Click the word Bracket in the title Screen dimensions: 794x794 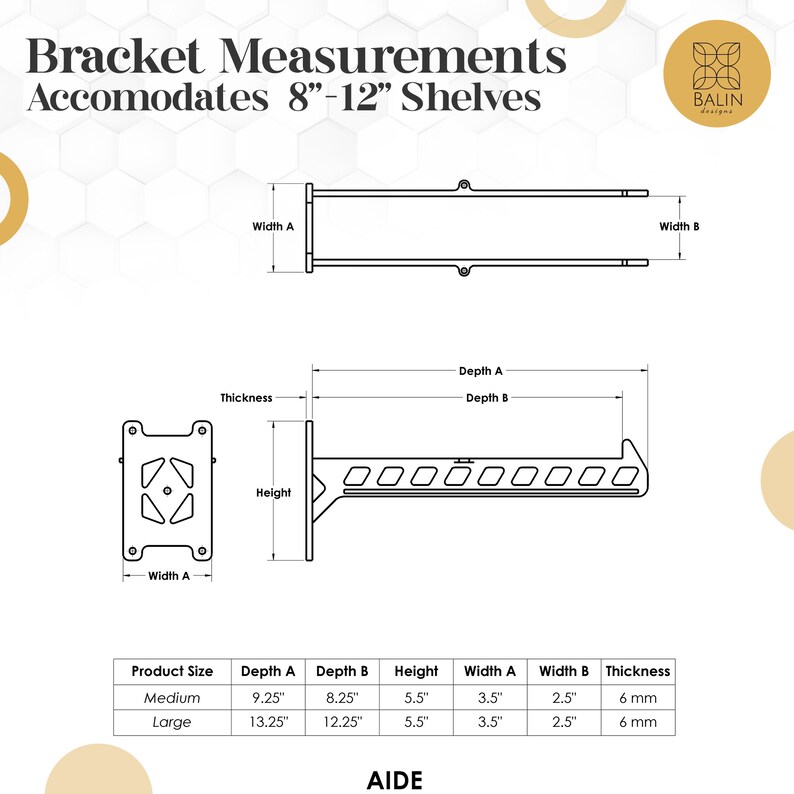(118, 57)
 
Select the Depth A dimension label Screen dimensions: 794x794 (480, 370)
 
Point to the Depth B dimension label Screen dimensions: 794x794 (487, 398)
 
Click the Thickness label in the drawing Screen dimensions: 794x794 (246, 398)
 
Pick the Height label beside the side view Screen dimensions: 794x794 (273, 492)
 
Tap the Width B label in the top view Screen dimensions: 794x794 (679, 227)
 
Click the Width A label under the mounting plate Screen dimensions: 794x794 (169, 575)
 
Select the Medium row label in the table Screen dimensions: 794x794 (172, 697)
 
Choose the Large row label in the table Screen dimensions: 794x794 (172, 721)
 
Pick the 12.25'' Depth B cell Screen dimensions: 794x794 (342, 721)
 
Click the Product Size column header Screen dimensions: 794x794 (172, 672)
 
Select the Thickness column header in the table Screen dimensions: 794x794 (637, 672)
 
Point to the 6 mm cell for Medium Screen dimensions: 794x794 (637, 697)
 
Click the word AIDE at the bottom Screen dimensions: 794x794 (396, 779)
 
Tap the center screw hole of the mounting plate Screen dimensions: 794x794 (167, 490)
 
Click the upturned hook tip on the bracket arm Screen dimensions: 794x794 (626, 443)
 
